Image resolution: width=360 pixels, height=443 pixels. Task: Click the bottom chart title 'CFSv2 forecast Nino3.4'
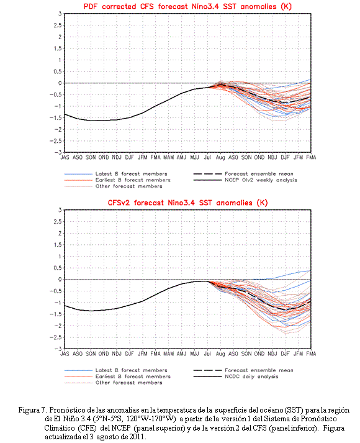tap(151, 203)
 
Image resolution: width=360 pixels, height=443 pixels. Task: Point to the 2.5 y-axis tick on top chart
tap(58, 25)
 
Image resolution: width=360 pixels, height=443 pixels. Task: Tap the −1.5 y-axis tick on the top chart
tap(55, 118)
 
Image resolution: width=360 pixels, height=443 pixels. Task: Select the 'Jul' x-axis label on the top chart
tap(207, 157)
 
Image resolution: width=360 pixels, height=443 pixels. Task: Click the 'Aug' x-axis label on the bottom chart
tap(220, 354)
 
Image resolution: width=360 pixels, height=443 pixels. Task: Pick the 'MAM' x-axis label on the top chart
tap(168, 157)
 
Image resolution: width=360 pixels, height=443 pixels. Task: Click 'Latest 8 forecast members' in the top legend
tap(131, 174)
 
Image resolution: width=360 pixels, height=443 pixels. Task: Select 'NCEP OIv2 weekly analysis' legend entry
tap(261, 180)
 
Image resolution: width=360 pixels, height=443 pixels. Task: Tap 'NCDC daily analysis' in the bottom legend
tap(251, 377)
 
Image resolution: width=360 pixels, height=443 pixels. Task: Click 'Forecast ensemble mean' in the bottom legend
tap(259, 370)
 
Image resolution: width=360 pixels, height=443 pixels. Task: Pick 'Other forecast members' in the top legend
tap(128, 186)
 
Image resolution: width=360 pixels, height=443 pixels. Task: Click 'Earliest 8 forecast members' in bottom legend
tap(133, 377)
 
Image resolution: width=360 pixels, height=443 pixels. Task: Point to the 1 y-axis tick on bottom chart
tap(60, 256)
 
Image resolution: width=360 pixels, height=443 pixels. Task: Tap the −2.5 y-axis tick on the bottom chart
tap(55, 337)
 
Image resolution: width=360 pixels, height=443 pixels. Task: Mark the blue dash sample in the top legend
tap(78, 174)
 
